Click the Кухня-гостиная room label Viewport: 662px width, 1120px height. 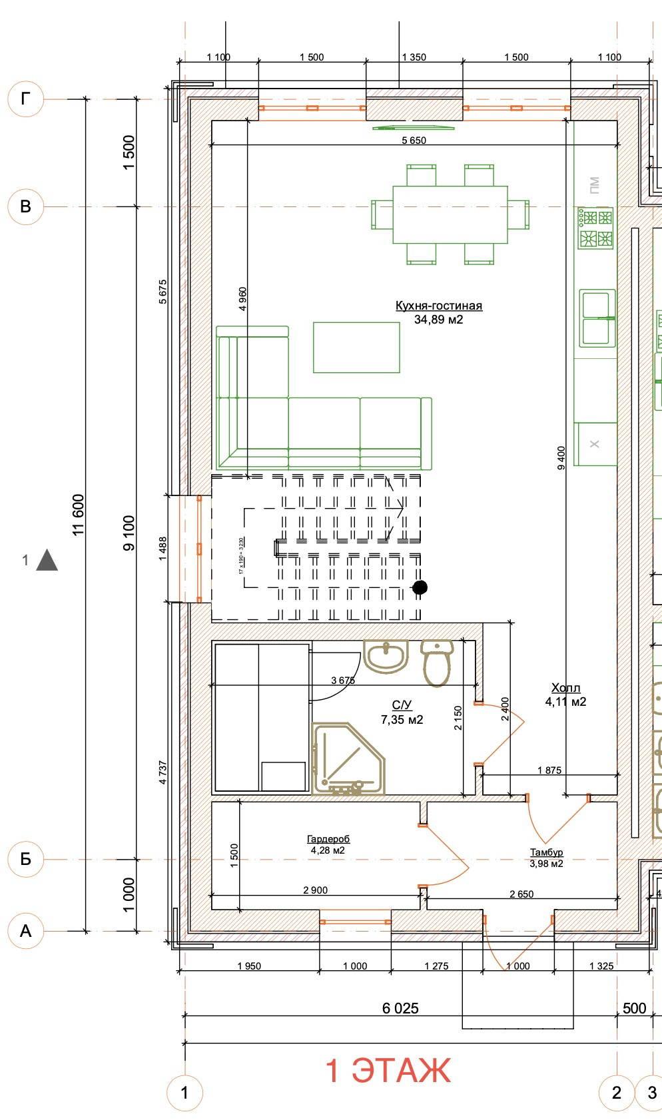coord(438,306)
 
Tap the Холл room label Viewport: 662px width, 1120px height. coord(565,688)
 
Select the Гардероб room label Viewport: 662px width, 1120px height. coord(328,840)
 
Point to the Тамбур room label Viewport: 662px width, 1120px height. coord(546,852)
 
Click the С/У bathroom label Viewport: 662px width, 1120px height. coord(402,705)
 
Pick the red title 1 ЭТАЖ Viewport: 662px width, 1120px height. coord(388,1070)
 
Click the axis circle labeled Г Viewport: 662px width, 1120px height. coord(25,99)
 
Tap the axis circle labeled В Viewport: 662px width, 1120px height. coord(25,206)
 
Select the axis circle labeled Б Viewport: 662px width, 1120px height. coord(25,859)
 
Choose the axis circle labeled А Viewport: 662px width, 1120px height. coord(25,930)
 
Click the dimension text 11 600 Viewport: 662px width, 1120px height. coord(79,515)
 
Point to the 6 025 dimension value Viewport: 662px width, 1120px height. coord(400,1008)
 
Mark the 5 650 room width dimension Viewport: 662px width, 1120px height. coord(414,140)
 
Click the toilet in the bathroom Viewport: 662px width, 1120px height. coord(437,662)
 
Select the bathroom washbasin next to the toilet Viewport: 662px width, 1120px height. coord(386,656)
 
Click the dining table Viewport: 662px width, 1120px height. coord(450,215)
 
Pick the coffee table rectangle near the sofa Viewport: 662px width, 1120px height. coord(356,347)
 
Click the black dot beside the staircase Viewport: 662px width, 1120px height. coord(420,587)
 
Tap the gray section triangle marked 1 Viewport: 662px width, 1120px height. coord(47,561)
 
